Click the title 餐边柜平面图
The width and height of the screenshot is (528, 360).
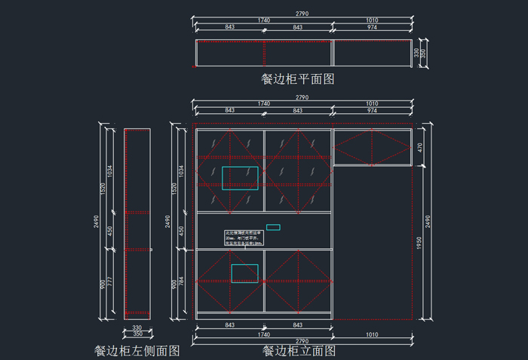(x=297, y=78)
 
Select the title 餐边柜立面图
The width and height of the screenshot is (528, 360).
(x=299, y=350)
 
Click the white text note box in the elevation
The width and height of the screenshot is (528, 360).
(x=243, y=238)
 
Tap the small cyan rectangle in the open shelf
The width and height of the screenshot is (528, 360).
(x=273, y=227)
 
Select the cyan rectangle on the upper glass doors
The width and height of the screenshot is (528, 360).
(x=240, y=178)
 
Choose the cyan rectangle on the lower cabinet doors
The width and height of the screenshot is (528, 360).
(x=244, y=273)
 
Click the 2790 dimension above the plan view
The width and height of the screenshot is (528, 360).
(x=302, y=14)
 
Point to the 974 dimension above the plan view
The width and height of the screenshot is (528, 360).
(x=372, y=27)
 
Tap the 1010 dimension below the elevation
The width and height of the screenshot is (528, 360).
(x=372, y=334)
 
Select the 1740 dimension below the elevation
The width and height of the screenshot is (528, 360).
(x=263, y=334)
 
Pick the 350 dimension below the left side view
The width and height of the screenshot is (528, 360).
(x=137, y=334)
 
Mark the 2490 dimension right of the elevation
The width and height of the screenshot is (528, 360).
(x=428, y=221)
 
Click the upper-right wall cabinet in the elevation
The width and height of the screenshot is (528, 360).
(x=372, y=147)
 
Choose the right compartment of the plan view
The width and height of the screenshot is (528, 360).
(x=372, y=53)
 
